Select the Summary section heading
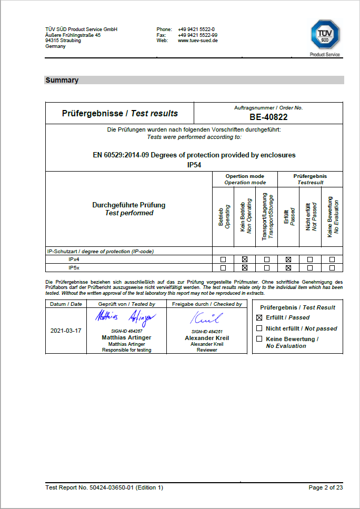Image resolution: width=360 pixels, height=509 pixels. [x=62, y=81]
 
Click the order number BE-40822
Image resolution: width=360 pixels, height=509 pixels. [x=268, y=117]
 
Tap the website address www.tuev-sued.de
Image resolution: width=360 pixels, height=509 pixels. [x=198, y=41]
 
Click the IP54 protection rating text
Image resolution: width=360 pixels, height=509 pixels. [x=194, y=165]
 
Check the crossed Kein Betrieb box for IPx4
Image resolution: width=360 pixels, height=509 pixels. [x=245, y=260]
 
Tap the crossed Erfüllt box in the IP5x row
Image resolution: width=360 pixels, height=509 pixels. [x=288, y=268]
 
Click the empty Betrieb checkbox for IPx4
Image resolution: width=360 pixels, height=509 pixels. [x=223, y=260]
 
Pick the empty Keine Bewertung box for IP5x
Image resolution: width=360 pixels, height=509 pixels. [x=332, y=268]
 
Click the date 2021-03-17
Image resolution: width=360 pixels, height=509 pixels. [x=66, y=331]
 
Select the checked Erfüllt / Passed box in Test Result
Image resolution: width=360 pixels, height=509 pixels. [x=259, y=318]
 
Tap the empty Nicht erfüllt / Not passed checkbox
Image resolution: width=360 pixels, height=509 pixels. [x=259, y=328]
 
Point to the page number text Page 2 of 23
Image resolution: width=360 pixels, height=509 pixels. [x=326, y=487]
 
